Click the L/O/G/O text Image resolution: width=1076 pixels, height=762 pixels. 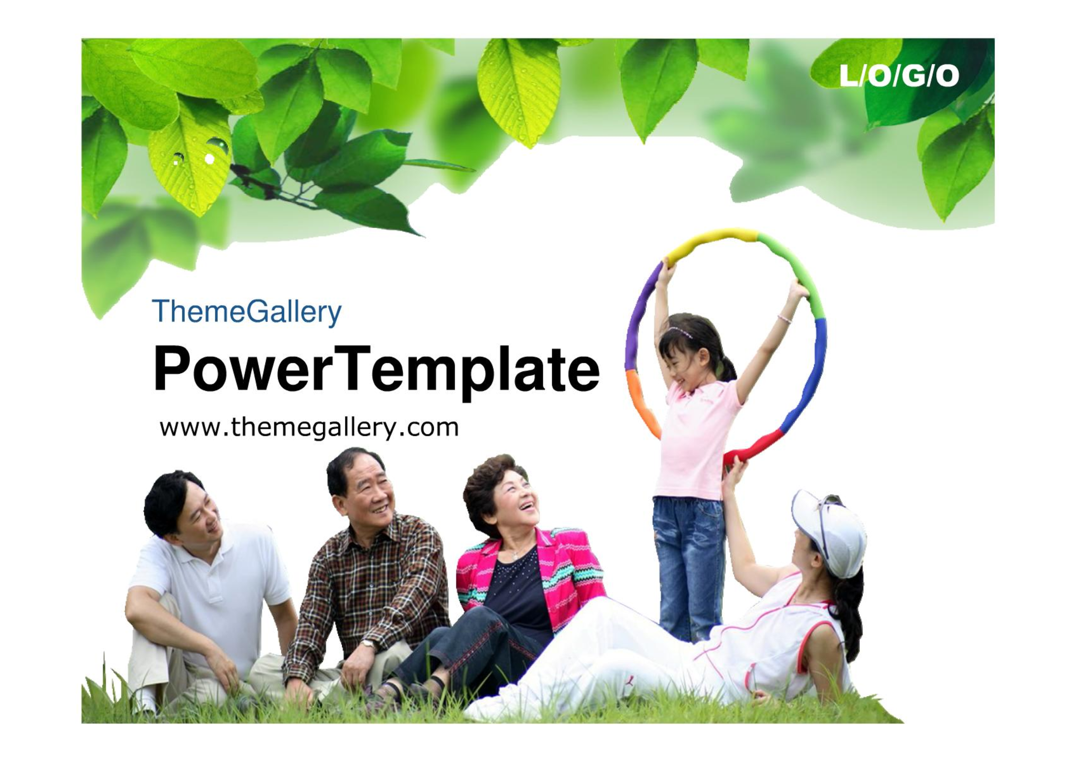coord(899,76)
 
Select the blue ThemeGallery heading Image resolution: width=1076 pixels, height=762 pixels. coord(247,312)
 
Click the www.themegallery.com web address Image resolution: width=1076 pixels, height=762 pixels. coord(309,427)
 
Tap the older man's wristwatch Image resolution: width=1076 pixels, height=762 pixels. coord(368,644)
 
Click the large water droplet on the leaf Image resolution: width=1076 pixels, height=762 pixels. coord(218,145)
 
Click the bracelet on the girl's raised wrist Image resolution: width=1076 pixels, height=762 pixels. coord(785,319)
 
